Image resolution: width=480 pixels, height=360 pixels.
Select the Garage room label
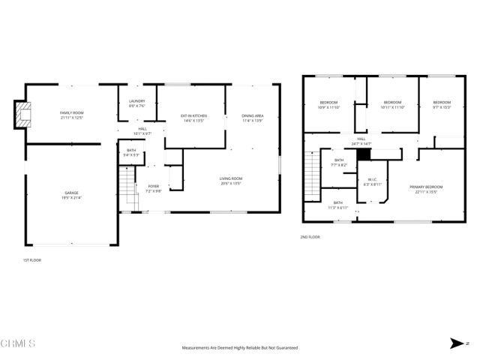tap(71, 195)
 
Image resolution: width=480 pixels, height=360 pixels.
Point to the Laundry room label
tap(136, 103)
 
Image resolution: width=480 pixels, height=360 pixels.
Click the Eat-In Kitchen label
tap(193, 118)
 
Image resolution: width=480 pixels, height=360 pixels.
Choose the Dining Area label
tap(252, 118)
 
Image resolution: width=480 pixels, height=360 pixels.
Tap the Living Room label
tap(231, 180)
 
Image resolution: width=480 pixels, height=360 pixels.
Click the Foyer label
tap(153, 187)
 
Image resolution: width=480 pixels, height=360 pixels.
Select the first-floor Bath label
tap(131, 154)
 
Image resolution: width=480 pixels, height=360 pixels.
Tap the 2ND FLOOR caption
tap(309, 237)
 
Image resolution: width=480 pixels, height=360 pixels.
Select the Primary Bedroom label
tap(426, 188)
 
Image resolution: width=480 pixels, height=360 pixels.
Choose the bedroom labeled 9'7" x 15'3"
tap(442, 104)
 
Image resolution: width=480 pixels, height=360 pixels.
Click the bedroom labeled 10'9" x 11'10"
tap(329, 104)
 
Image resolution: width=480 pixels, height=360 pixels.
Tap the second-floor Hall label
tap(361, 141)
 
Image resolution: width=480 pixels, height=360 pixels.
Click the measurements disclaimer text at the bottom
tap(240, 347)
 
